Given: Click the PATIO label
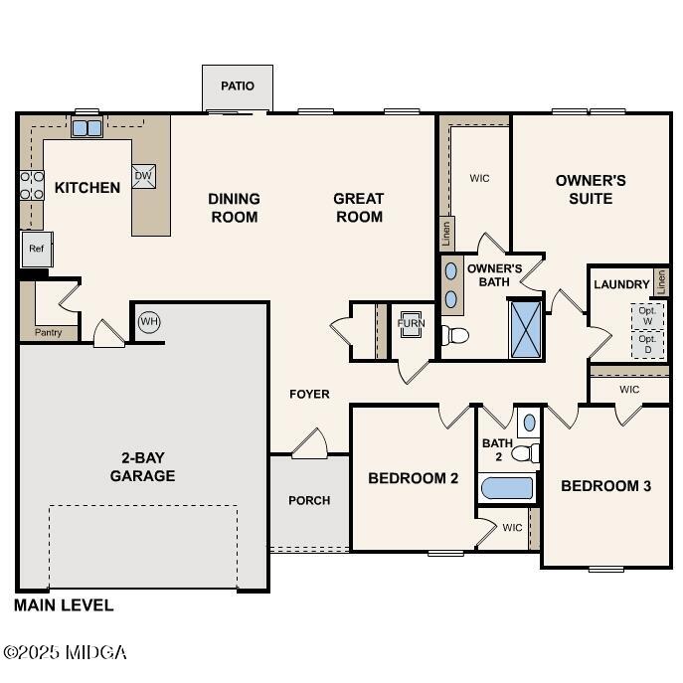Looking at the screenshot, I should click(237, 86).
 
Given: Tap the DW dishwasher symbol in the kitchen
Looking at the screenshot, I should click(143, 176).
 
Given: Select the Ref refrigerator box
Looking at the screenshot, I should click(36, 249).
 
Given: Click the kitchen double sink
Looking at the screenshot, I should click(86, 127).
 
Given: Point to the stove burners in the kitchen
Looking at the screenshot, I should click(32, 185).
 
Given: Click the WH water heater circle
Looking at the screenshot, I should click(149, 321).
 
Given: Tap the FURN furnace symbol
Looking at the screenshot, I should click(411, 324).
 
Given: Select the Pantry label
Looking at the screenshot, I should click(49, 332).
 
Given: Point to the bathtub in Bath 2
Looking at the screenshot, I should click(507, 488).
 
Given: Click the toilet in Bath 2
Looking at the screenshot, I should click(524, 453).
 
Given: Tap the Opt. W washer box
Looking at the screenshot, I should click(647, 315).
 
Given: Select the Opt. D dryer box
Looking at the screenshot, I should click(647, 344).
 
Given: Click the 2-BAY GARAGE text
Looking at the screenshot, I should click(142, 467).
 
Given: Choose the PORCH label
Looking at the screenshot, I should click(309, 500).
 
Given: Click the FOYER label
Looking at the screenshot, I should click(309, 395).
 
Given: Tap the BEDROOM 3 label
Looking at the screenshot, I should click(605, 486).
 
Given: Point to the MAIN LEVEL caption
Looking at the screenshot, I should click(64, 604).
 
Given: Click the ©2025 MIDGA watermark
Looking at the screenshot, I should click(65, 653).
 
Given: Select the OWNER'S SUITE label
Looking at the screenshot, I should click(591, 189).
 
